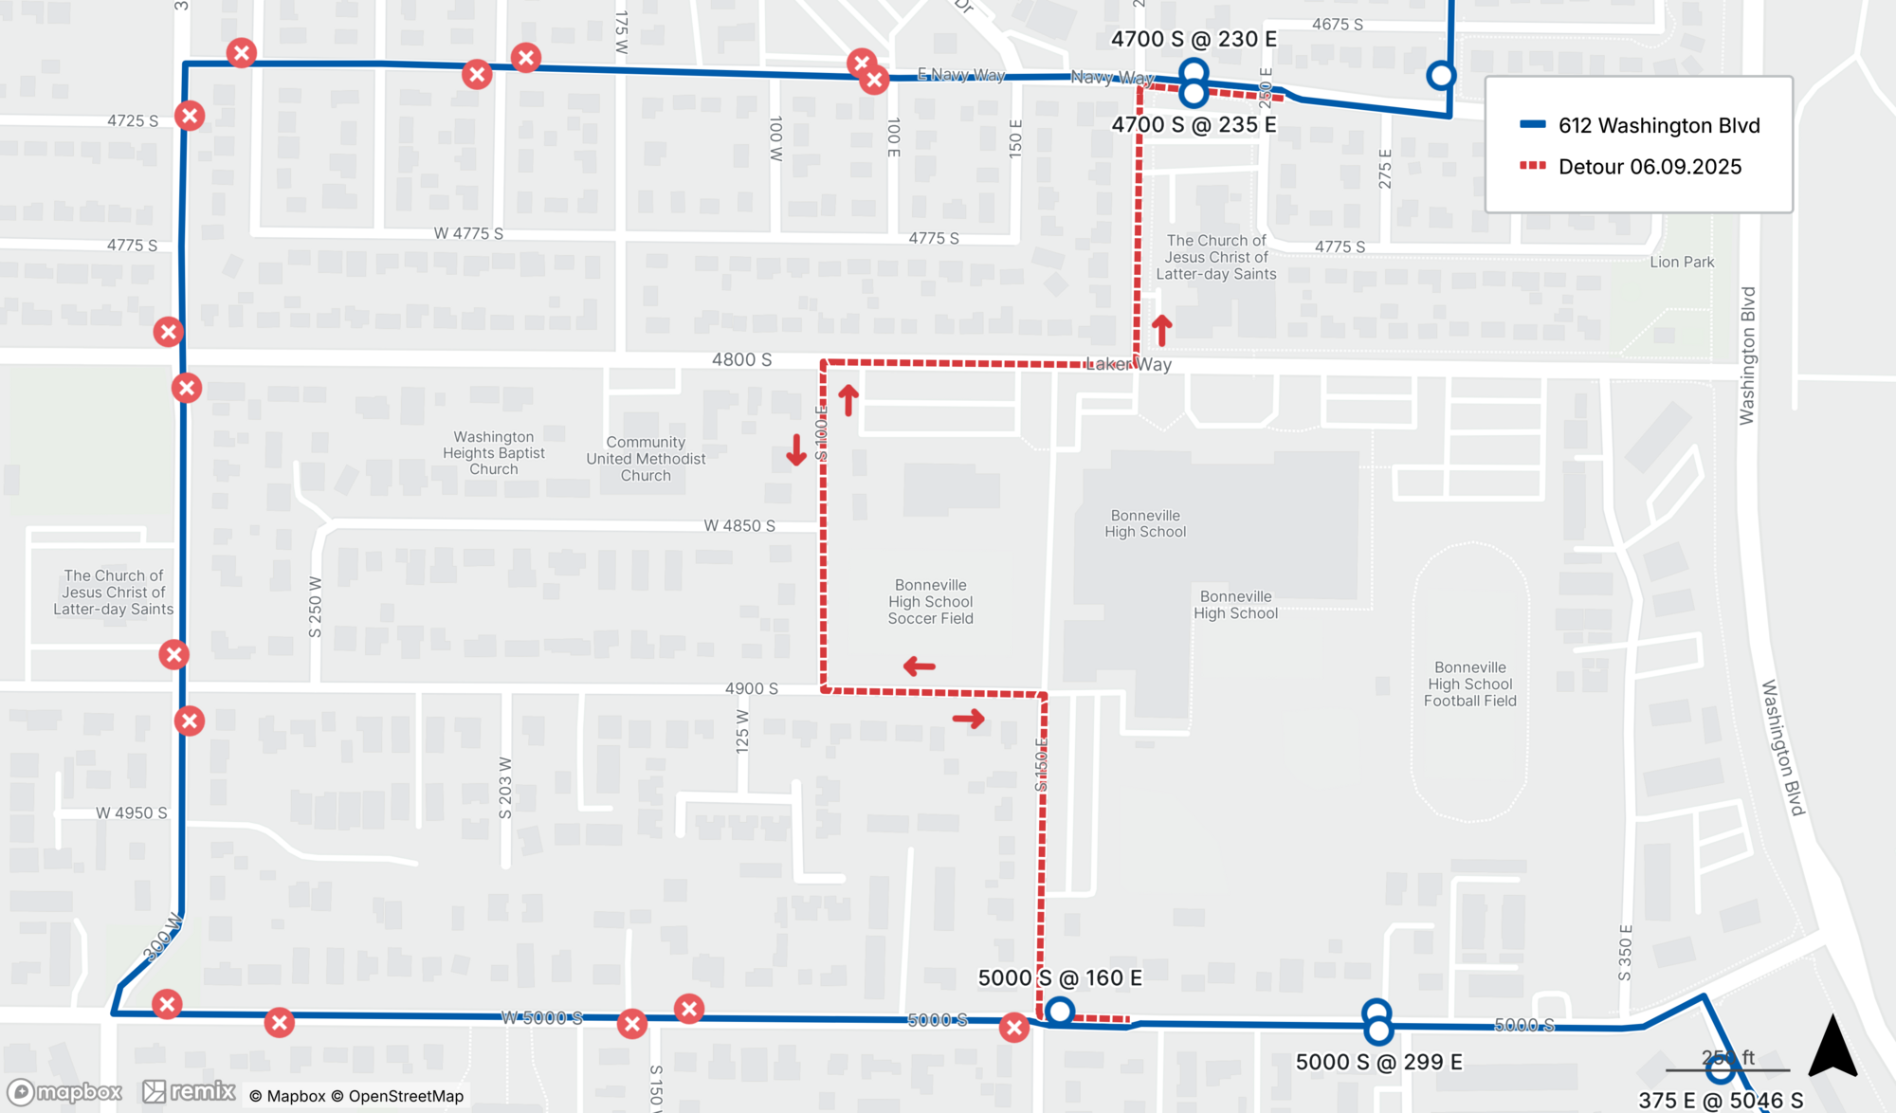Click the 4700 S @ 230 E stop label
1194,40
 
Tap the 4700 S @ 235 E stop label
1194,125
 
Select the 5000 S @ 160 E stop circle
1060,1012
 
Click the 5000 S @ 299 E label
1378,1062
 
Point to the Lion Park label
1682,262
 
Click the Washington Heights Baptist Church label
494,453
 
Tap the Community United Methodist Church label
646,459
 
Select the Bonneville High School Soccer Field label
930,602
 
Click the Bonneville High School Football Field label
1469,684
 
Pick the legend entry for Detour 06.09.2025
1649,167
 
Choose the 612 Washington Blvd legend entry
1658,125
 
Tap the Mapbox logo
65,1092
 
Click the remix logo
190,1092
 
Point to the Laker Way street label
1129,364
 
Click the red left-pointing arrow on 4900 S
919,666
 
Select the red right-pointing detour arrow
969,719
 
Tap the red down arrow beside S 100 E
796,450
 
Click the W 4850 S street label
739,525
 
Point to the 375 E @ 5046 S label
1720,1101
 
